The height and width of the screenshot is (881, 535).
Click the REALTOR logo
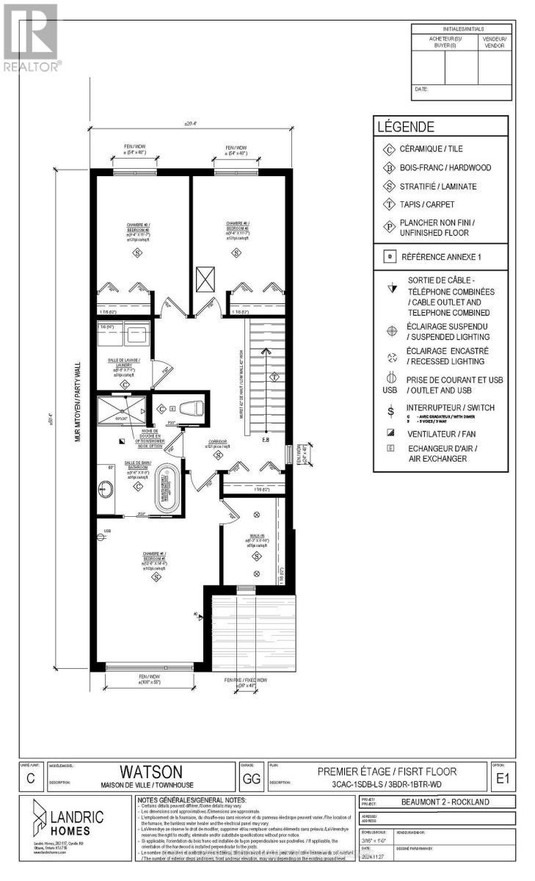pyautogui.click(x=31, y=37)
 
